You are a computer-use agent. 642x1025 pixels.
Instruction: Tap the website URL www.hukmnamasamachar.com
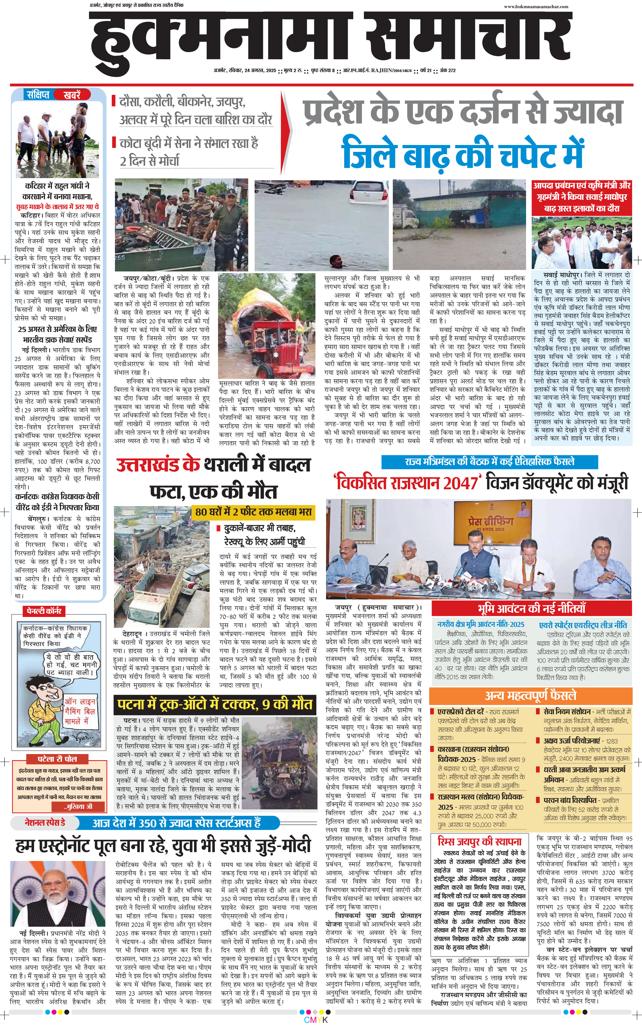pos(536,6)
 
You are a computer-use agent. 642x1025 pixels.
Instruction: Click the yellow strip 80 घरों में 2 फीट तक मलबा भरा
pos(253,512)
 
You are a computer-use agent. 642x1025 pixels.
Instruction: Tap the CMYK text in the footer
pos(316,1020)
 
